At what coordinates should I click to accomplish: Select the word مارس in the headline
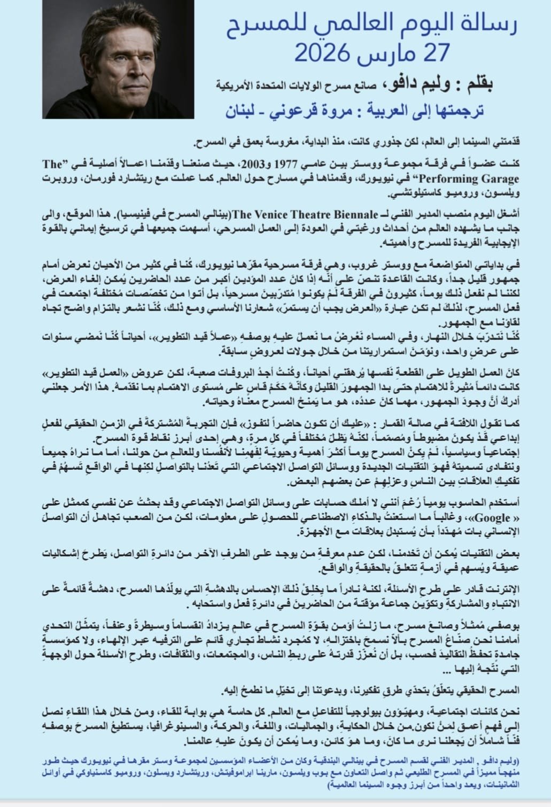click(385, 53)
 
